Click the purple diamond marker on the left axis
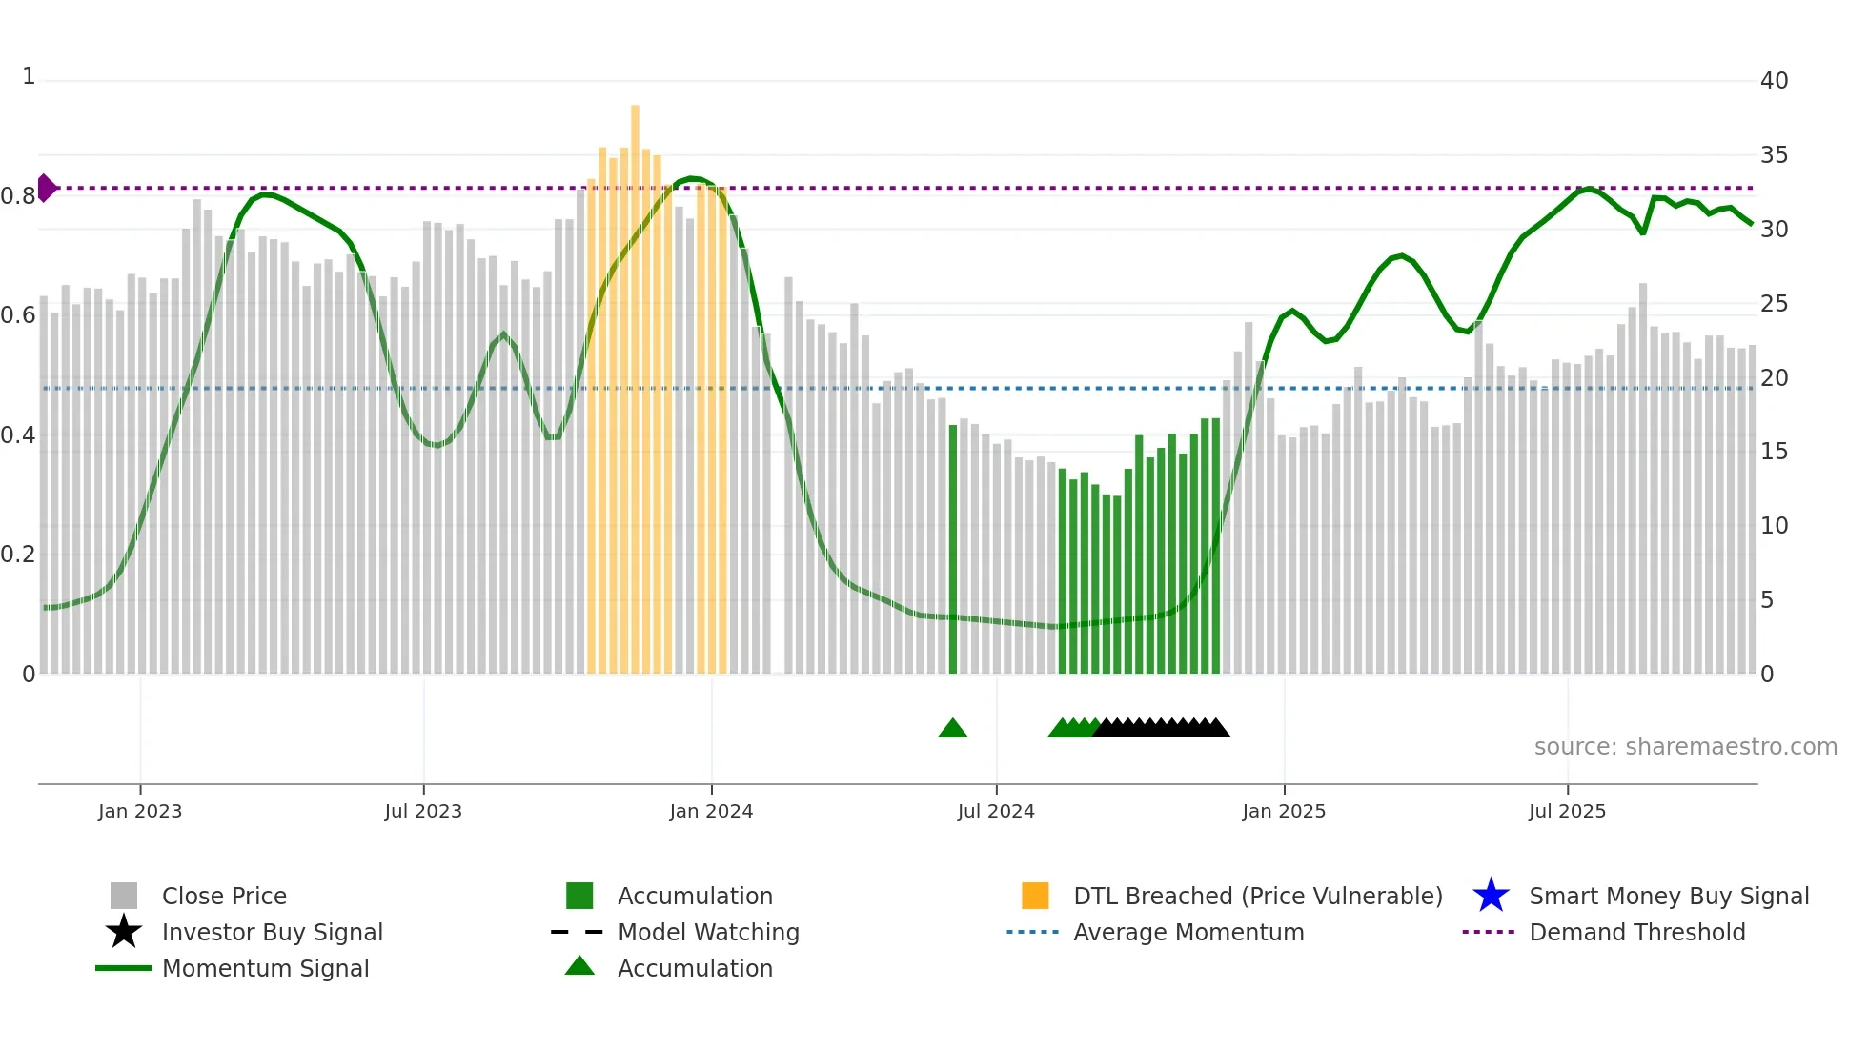(x=46, y=188)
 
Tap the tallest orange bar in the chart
(x=635, y=381)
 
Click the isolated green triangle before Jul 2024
(x=952, y=728)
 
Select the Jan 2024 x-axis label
(x=711, y=811)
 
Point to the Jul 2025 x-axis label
(x=1567, y=811)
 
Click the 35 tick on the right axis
(x=1774, y=155)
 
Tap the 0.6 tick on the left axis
(x=18, y=315)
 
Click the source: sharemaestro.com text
(x=1685, y=747)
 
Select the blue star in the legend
(x=1491, y=896)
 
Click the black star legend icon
(x=124, y=932)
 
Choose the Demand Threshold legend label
(x=1636, y=932)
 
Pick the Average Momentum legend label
(x=1188, y=932)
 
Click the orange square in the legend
(x=1035, y=896)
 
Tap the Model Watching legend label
(x=708, y=932)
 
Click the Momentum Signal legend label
(x=265, y=968)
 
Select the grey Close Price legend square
(x=124, y=896)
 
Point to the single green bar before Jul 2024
(x=952, y=553)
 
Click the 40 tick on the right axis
(x=1774, y=81)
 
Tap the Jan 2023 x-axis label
(x=140, y=811)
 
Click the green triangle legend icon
(x=579, y=966)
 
